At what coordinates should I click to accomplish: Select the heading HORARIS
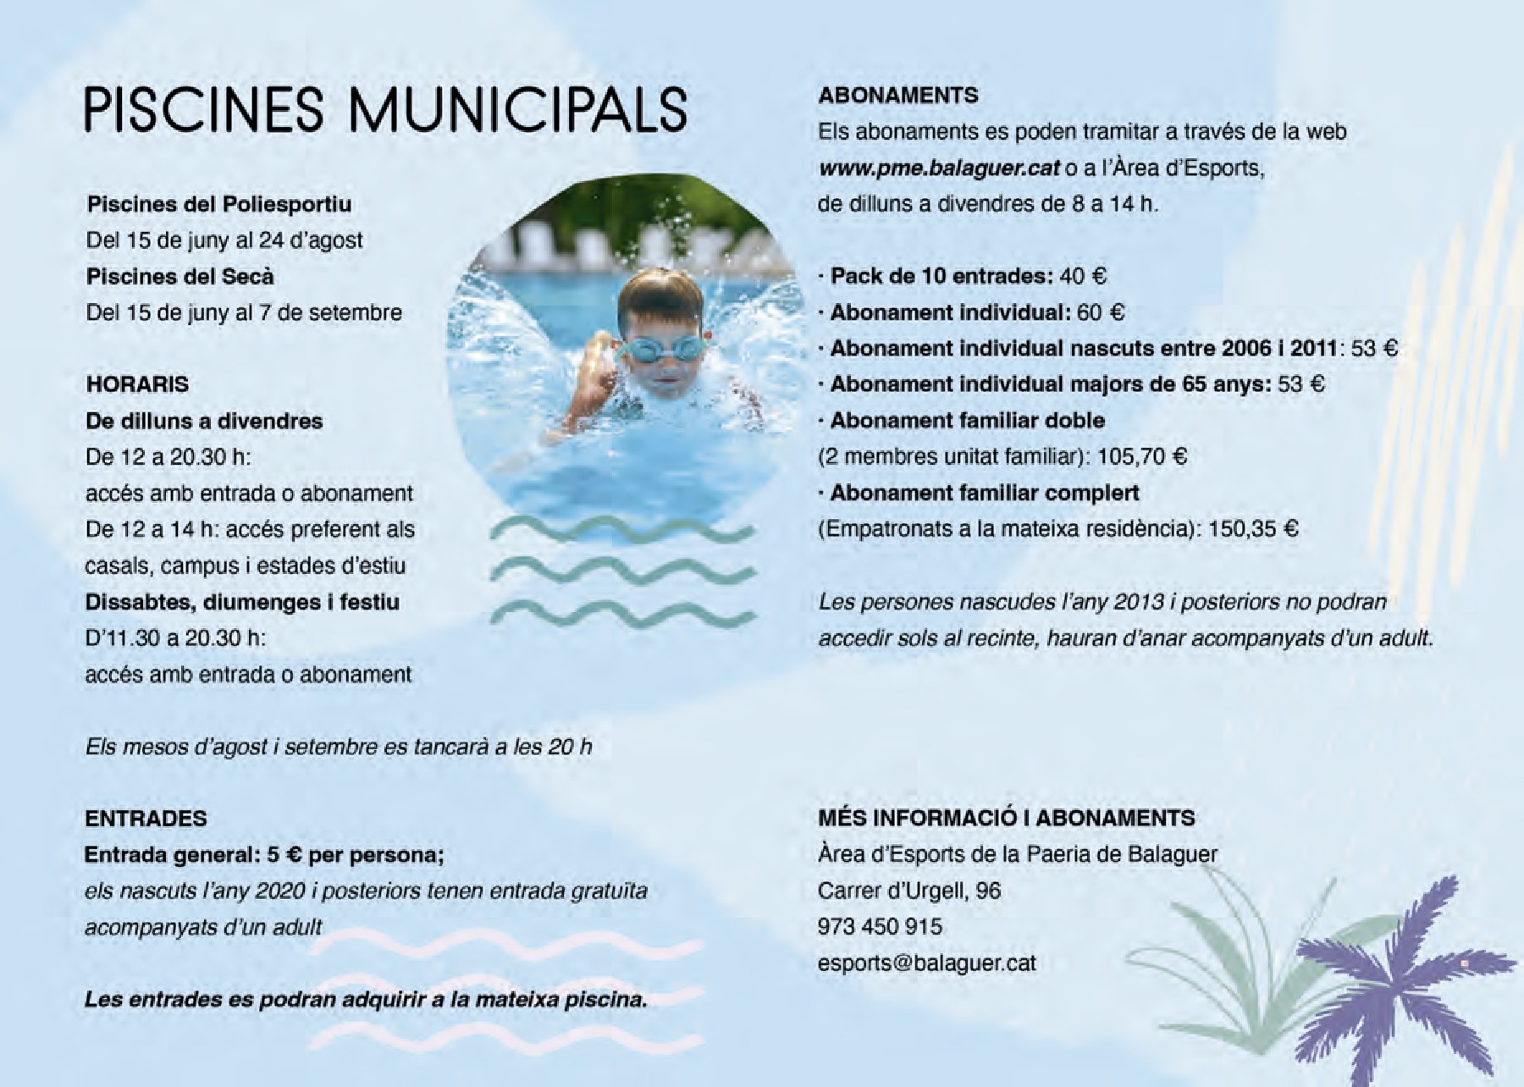coord(137,384)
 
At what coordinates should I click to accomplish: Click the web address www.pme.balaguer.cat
coord(939,168)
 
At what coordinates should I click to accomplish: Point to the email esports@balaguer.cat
coord(926,963)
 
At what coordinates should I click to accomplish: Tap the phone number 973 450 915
coord(880,926)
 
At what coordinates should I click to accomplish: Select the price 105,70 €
coord(1142,457)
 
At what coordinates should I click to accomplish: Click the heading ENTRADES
coord(146,818)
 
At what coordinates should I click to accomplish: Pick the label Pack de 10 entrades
coord(941,276)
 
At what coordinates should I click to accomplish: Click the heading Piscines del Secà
coord(180,277)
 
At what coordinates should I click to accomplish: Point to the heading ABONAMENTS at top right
coord(897,95)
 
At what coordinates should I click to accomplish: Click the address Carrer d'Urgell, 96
coord(908,890)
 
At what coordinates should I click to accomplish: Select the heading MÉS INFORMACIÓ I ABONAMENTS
coord(1006,818)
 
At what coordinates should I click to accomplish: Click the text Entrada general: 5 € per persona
coord(263,854)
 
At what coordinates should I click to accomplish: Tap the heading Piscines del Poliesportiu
coord(218,204)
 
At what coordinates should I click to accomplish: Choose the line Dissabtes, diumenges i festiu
coord(242,602)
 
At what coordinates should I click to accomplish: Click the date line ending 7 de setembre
coord(244,312)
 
